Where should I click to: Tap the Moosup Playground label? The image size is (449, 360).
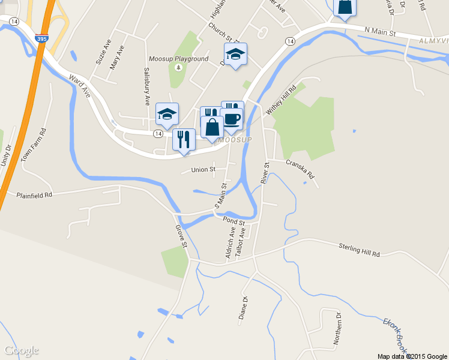[x=178, y=59]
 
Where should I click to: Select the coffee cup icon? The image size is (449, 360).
[x=232, y=119]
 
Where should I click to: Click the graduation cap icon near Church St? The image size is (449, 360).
[x=235, y=54]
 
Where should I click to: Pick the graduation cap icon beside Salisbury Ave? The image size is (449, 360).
[x=167, y=113]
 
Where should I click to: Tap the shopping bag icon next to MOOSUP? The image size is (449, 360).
[x=212, y=128]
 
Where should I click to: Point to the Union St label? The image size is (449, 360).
[x=203, y=170]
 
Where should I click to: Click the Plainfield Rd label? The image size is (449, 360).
[x=34, y=195]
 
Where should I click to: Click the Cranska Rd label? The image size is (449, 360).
[x=300, y=169]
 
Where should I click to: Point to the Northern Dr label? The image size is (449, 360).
[x=337, y=328]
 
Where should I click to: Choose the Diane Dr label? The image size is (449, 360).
[x=244, y=311]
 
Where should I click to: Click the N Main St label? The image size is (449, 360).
[x=381, y=30]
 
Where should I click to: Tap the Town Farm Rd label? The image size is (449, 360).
[x=34, y=146]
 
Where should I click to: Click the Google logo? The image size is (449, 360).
[x=22, y=350]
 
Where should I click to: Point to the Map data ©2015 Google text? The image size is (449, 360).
[x=412, y=356]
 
